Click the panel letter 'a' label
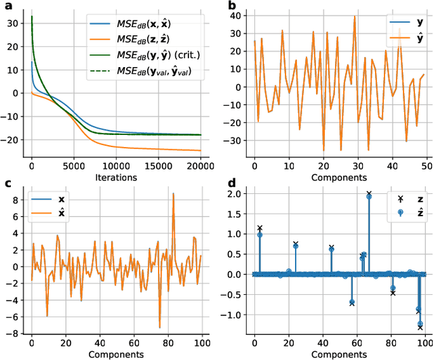click(5, 6)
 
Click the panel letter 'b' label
click(232, 6)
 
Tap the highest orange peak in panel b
click(354, 16)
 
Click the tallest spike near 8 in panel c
click(173, 194)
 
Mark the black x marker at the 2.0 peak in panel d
click(369, 193)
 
